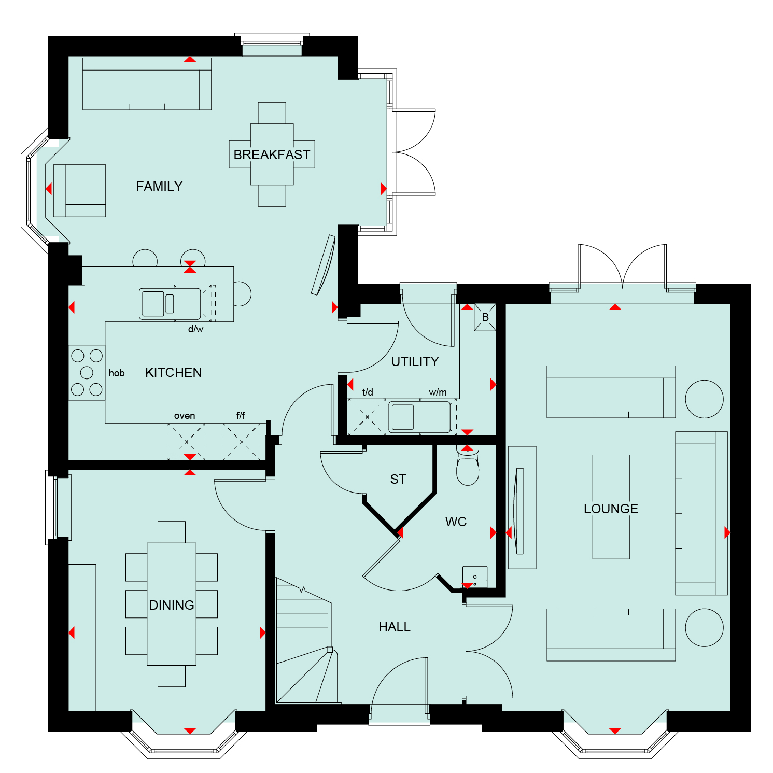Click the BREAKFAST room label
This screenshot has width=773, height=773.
(x=272, y=154)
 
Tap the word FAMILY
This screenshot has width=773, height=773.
(x=159, y=186)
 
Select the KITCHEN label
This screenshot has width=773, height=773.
(x=173, y=372)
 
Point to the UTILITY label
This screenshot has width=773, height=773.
(x=415, y=361)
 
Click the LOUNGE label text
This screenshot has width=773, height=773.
(x=611, y=509)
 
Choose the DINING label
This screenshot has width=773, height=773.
(x=172, y=605)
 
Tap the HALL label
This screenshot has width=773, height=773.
(x=395, y=627)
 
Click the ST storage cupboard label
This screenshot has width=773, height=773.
(x=398, y=479)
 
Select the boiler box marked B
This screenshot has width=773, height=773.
(x=485, y=317)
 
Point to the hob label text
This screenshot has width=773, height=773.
(x=117, y=373)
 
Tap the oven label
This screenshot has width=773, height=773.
(x=185, y=416)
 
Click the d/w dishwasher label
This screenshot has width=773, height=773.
(x=195, y=329)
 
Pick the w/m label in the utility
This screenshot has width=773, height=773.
(x=438, y=392)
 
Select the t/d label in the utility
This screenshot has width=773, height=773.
(x=368, y=392)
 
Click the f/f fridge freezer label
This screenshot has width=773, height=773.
(x=241, y=415)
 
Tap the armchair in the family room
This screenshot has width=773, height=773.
(x=79, y=191)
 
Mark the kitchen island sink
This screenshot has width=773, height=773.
(x=170, y=304)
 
